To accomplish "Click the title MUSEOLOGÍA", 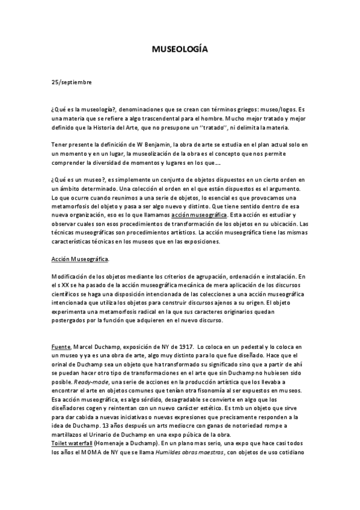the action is [180, 51].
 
